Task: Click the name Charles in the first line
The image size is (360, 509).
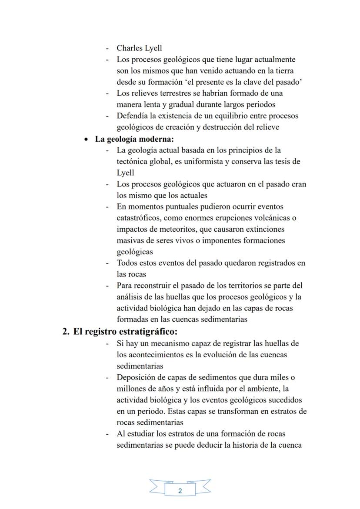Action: pos(130,48)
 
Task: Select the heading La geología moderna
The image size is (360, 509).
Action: pos(134,139)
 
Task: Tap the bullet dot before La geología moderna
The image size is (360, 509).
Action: pos(87,140)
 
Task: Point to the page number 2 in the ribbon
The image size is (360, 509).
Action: pos(180,491)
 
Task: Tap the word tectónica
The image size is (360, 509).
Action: pos(133,161)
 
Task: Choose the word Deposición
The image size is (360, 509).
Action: pos(136,377)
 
